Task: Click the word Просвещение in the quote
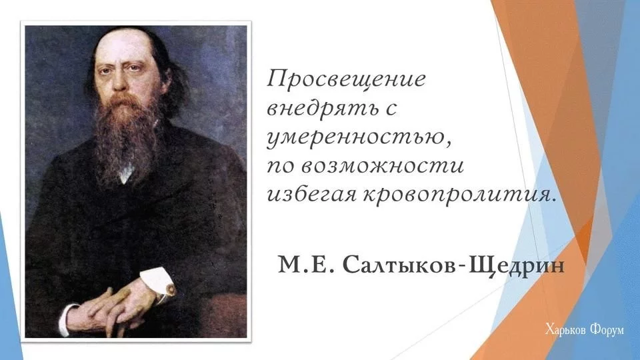346,79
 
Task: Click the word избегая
311,195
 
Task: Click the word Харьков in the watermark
563,330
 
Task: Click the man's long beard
127,135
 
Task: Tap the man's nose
119,79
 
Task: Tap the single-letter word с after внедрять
391,109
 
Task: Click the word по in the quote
281,167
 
